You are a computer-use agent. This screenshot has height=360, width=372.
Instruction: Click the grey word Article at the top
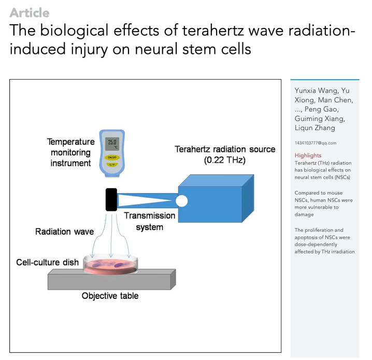[x=30, y=13]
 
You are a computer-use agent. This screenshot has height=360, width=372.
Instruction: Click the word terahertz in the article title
[x=213, y=31]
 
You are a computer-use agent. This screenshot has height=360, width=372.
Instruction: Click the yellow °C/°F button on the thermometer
[x=112, y=165]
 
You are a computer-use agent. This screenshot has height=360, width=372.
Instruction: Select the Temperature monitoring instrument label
[x=70, y=152]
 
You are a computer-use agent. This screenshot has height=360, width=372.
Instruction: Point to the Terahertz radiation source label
[x=225, y=149]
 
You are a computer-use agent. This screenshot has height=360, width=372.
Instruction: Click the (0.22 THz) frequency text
[x=225, y=160]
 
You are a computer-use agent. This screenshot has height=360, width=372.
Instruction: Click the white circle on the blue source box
[x=182, y=201]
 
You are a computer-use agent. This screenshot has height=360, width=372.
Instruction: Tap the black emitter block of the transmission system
[x=111, y=200]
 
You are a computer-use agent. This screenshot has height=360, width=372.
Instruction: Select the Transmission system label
[x=149, y=221]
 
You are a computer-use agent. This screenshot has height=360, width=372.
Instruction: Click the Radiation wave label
[x=65, y=232]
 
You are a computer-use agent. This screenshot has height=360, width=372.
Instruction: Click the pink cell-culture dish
[x=110, y=265]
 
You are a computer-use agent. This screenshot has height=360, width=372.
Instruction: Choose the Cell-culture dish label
[x=48, y=262]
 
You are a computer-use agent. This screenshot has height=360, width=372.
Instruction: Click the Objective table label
[x=110, y=296]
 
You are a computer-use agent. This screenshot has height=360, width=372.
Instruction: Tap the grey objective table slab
[x=111, y=280]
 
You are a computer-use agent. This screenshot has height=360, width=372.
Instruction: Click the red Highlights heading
[x=308, y=155]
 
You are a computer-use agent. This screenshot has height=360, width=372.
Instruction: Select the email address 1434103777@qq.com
[x=316, y=143]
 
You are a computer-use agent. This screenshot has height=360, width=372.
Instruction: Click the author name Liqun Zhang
[x=315, y=128]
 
